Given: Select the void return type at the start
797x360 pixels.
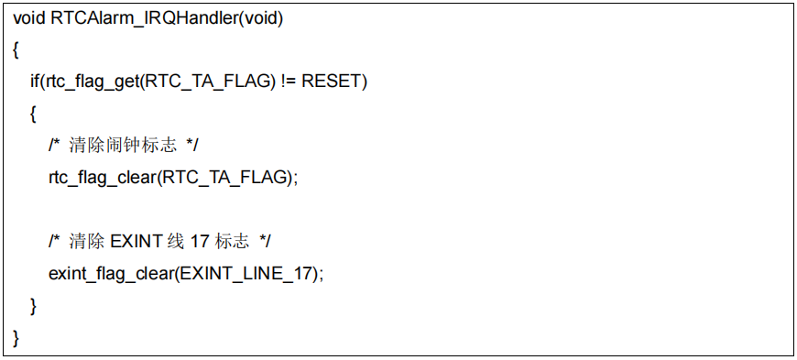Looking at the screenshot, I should (28, 19).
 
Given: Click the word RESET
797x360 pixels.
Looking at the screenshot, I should (332, 82).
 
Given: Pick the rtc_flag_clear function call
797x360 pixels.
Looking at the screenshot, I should (102, 178).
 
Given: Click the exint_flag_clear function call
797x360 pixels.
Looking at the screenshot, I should (109, 273).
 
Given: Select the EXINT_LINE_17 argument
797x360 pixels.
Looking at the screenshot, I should (253, 273).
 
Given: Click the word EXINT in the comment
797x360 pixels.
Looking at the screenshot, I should (136, 242).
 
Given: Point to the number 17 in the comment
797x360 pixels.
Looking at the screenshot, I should (200, 242).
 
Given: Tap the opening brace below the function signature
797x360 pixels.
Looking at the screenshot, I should (16, 51).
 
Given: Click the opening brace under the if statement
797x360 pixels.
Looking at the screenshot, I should (33, 115).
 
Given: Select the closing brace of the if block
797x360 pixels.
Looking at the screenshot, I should (33, 305).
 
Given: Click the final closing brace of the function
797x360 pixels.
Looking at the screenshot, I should (16, 336).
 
